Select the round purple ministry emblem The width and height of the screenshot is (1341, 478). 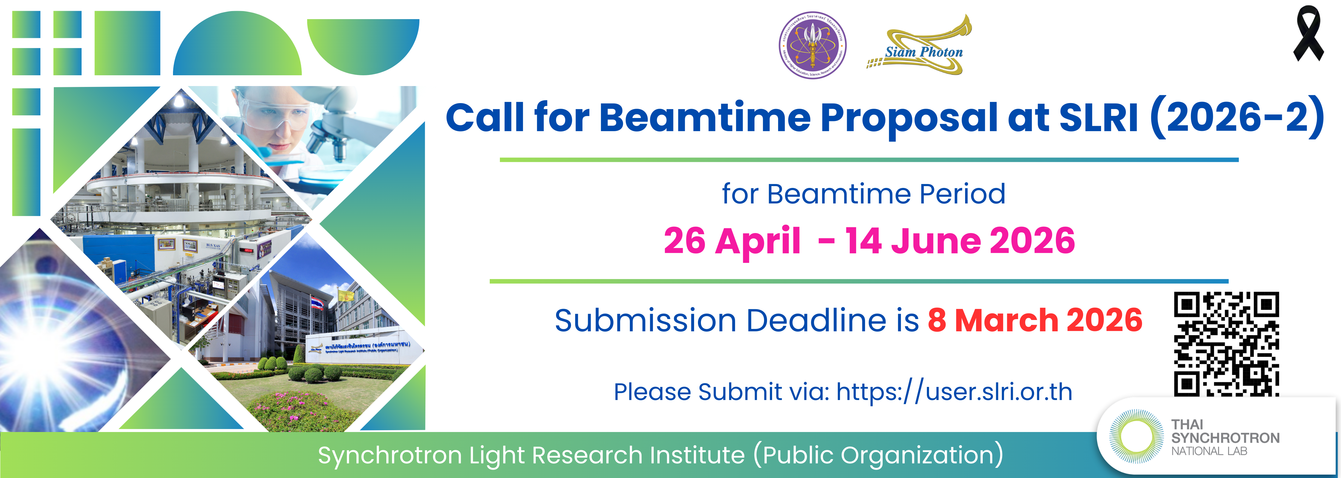(x=812, y=45)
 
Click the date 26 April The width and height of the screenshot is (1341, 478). (x=731, y=241)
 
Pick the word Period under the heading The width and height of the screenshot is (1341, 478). (x=962, y=194)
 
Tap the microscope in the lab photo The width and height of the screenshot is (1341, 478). (x=333, y=125)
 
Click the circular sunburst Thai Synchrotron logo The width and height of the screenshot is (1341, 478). (x=1136, y=436)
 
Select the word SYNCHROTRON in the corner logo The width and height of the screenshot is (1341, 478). (x=1225, y=438)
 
